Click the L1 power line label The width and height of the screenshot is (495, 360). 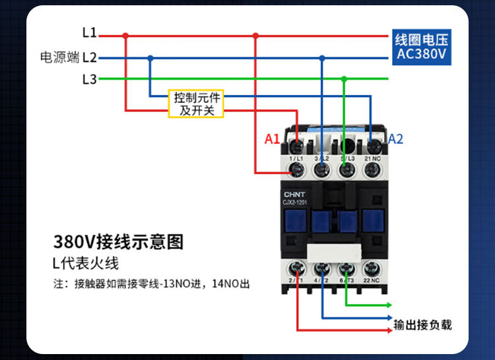pos(89,32)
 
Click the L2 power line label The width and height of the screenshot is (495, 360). pos(89,57)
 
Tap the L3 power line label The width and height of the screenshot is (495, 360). pos(89,79)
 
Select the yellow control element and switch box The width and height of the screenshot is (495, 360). pos(196,104)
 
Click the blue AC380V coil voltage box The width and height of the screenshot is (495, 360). pos(422,46)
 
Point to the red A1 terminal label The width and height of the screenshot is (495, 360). pos(272,139)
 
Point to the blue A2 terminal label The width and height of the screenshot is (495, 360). pos(395,139)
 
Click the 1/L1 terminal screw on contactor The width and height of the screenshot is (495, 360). pos(297,170)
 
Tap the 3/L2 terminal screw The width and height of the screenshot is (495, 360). pos(322,170)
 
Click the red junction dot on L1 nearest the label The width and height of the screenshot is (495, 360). pos(125,36)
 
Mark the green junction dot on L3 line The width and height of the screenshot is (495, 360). pos(344,78)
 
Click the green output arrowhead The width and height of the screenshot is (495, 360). pos(390,305)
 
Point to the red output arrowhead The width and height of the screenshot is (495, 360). pos(390,329)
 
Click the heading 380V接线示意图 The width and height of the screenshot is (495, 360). pos(118,241)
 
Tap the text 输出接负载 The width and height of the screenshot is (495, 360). pos(422,325)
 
